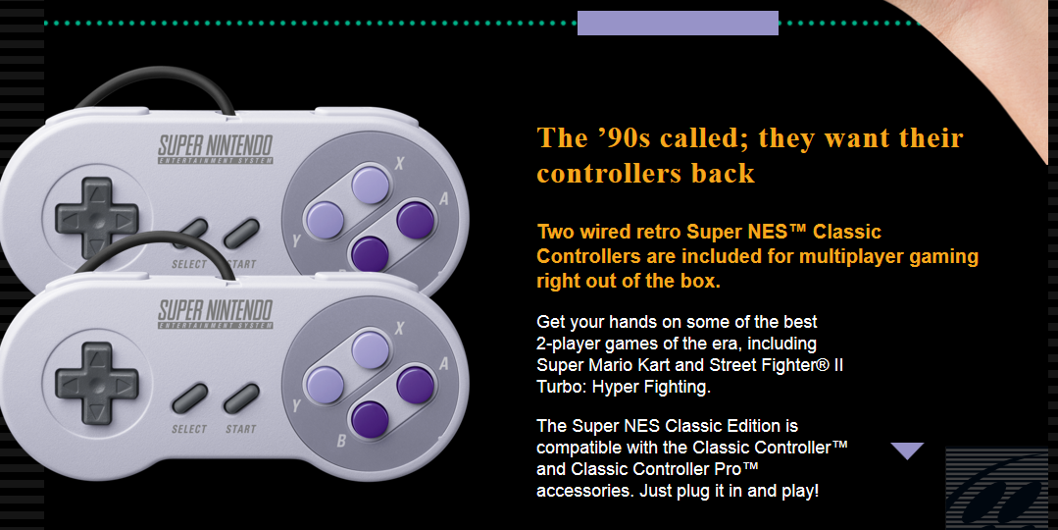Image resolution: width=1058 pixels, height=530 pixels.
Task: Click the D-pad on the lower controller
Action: pyautogui.click(x=97, y=384)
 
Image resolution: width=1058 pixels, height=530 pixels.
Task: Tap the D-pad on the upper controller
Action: pyautogui.click(x=97, y=218)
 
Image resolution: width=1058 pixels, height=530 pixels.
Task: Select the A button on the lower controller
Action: pyautogui.click(x=415, y=385)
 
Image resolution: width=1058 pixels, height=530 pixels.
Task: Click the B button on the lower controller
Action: pyautogui.click(x=370, y=418)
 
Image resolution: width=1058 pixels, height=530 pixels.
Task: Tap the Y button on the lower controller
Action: pyautogui.click(x=325, y=385)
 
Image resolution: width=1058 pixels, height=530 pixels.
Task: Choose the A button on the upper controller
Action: pyautogui.click(x=415, y=220)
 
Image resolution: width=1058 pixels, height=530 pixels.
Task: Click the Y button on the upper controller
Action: pyautogui.click(x=325, y=220)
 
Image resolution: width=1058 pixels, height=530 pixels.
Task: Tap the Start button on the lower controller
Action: pyautogui.click(x=241, y=398)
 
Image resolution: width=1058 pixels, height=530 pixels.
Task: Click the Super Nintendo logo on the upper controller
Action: pyautogui.click(x=216, y=149)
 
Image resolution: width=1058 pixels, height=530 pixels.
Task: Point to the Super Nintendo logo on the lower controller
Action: pyautogui.click(x=216, y=315)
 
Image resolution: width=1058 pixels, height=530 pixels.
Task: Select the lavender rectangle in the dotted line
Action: pyautogui.click(x=678, y=23)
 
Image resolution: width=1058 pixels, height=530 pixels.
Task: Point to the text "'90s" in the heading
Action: pyautogui.click(x=625, y=137)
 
